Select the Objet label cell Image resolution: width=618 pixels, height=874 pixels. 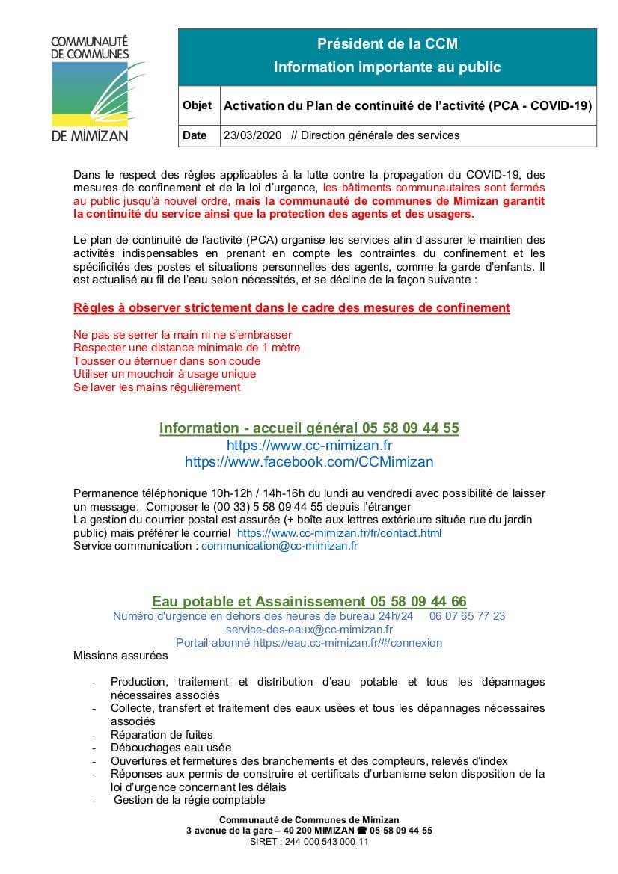pos(197,106)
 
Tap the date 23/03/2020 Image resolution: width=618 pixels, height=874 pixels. pos(252,135)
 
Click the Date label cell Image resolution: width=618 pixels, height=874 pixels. pos(195,135)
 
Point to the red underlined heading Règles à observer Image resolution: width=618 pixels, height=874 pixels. pos(292,307)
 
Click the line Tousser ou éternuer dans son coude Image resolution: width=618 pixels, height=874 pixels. pos(167,360)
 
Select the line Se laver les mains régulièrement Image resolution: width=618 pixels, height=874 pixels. pos(157,387)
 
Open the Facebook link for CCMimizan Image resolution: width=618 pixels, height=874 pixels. pos(309,462)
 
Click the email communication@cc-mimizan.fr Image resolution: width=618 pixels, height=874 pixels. pos(279,546)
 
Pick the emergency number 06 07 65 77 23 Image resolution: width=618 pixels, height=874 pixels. pos(467,616)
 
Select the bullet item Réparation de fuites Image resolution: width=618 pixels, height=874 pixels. pos(162,735)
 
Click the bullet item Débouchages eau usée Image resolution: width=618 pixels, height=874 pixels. pos(171,748)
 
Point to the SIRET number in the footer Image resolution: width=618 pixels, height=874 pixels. pos(309,841)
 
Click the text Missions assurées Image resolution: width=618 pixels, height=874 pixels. pos(120,656)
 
